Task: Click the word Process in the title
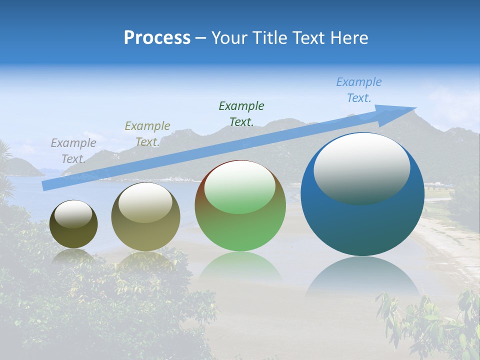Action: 157,38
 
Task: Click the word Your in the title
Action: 229,38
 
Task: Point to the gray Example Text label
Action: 73,151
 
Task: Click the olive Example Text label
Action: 147,134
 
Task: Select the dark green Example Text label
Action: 241,113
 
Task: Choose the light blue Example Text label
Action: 358,90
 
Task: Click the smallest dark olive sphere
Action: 73,235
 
